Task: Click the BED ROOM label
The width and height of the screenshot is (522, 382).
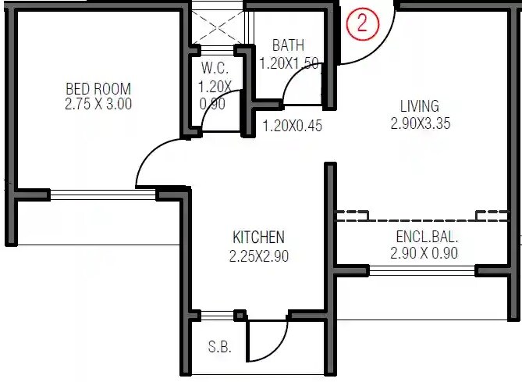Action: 98,88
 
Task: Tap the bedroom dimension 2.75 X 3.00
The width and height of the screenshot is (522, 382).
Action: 98,104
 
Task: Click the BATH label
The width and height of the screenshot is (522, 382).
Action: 288,45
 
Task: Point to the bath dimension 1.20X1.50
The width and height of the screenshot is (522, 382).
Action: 290,63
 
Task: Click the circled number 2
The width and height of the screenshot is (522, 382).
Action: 361,24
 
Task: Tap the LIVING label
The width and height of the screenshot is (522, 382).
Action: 419,105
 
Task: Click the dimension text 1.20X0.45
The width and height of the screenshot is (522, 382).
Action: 292,125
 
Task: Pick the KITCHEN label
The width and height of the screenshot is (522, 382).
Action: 258,237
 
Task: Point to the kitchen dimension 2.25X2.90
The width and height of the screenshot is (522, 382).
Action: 258,255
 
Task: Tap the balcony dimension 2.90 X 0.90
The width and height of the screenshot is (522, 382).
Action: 424,253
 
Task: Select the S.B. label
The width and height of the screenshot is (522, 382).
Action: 219,348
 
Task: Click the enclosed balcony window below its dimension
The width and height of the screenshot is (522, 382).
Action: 421,270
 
